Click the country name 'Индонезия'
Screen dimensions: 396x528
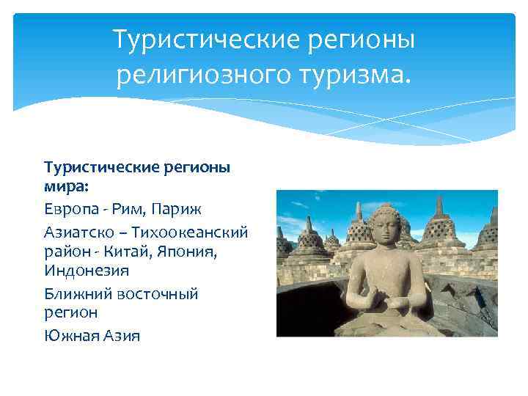pyautogui.click(x=87, y=271)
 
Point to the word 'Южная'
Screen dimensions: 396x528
pyautogui.click(x=67, y=335)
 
